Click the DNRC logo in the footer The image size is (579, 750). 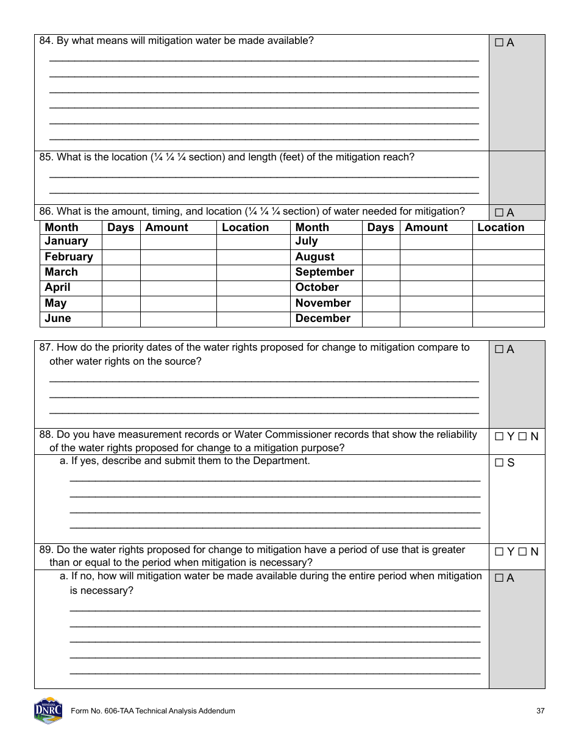48,710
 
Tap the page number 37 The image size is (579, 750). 540,711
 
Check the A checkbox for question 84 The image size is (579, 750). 499,43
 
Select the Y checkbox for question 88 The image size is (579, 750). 499,437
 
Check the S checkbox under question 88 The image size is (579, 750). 499,463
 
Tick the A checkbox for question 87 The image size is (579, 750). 499,349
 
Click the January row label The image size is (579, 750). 66,241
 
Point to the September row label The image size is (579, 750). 324,272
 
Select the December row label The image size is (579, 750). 322,318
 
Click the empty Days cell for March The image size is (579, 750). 121,273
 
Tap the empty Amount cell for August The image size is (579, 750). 436,257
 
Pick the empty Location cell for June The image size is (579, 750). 253,319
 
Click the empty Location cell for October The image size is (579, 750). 508,288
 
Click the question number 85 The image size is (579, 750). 46,157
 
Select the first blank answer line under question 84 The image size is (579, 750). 263,60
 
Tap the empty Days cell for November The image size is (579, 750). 381,303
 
